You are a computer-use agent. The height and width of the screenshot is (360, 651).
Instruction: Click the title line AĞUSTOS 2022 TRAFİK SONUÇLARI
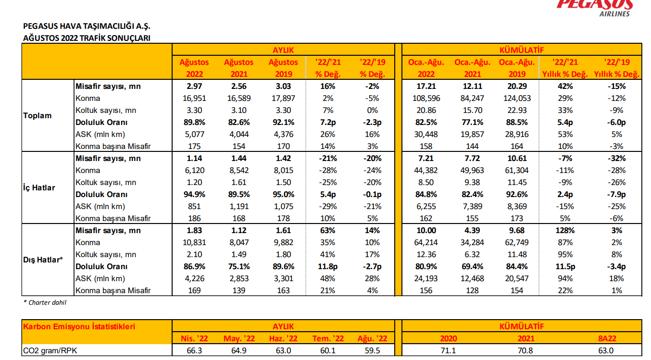(x=87, y=38)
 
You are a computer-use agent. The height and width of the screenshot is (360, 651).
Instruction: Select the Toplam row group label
(x=37, y=116)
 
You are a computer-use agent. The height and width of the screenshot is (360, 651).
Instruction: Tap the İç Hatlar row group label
(x=39, y=188)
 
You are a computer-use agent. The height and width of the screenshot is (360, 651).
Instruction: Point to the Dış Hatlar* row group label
(x=43, y=260)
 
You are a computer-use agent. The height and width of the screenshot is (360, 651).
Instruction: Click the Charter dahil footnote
(x=45, y=302)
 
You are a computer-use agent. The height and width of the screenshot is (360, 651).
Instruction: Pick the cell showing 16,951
(x=194, y=98)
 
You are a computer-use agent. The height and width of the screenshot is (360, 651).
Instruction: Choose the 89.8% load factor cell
(x=194, y=123)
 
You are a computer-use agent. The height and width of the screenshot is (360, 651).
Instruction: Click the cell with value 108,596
(x=426, y=98)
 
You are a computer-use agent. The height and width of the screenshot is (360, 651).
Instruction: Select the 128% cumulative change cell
(x=565, y=230)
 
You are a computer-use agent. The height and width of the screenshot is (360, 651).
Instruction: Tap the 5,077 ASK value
(x=194, y=134)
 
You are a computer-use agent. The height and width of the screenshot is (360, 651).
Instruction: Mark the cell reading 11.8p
(x=327, y=266)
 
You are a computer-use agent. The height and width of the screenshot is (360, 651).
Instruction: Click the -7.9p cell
(x=616, y=194)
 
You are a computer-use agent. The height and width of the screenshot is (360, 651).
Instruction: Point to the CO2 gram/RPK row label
(x=50, y=351)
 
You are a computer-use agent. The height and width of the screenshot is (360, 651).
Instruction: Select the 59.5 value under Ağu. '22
(x=372, y=351)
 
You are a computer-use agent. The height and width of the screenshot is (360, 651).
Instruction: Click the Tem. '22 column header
(x=328, y=338)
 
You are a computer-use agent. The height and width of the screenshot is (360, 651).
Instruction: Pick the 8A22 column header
(x=607, y=338)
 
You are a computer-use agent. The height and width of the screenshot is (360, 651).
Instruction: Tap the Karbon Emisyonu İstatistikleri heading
(x=79, y=326)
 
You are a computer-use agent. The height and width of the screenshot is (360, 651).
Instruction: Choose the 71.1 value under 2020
(x=448, y=351)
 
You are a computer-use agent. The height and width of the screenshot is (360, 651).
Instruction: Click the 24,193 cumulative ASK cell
(x=426, y=278)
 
